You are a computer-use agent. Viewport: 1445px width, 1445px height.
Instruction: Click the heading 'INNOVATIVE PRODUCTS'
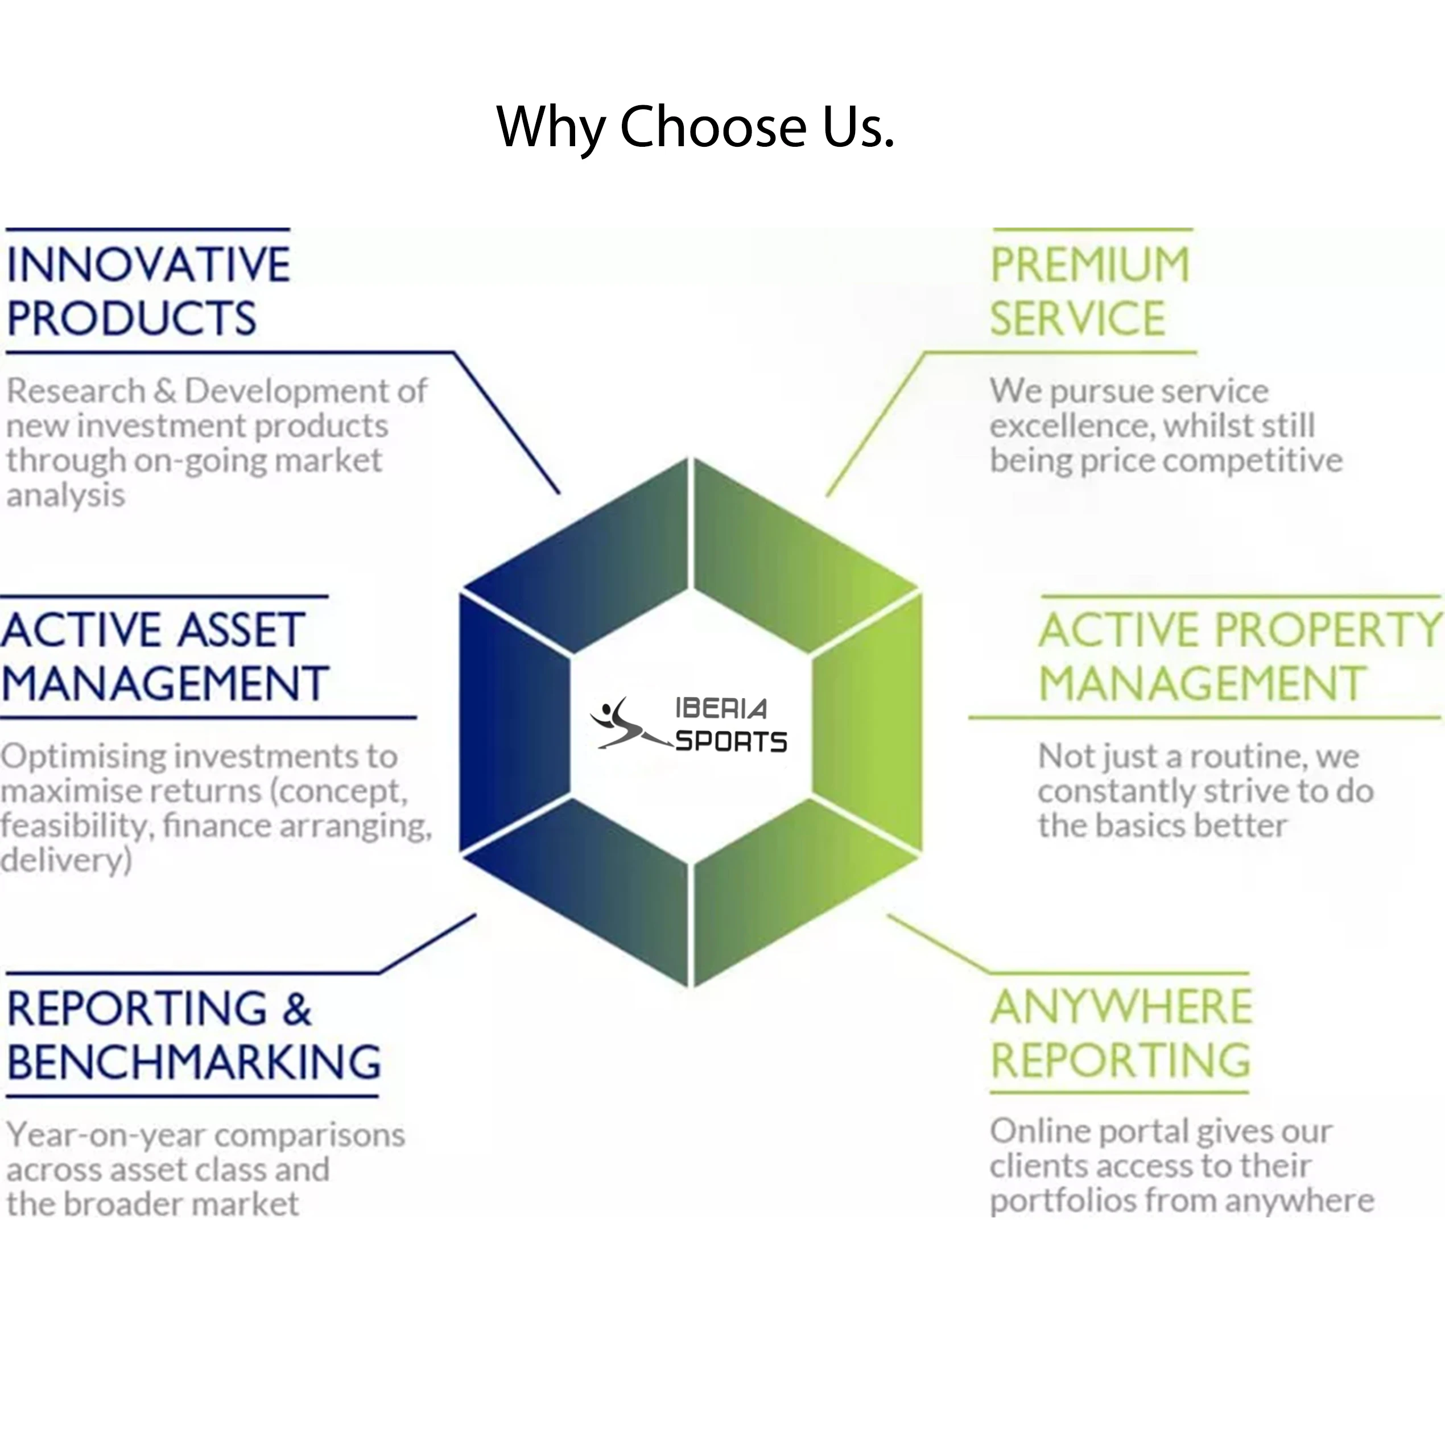click(148, 291)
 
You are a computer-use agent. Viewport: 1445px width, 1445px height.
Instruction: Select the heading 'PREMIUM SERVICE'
click(1089, 291)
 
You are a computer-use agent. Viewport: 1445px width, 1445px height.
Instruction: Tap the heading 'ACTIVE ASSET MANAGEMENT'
click(164, 656)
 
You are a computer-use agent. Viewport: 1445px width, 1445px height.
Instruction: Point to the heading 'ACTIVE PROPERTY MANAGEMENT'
click(1239, 656)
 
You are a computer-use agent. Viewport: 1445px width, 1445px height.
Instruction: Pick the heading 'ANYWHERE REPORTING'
click(1120, 1033)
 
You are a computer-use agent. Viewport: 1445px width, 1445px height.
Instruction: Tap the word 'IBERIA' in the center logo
click(721, 708)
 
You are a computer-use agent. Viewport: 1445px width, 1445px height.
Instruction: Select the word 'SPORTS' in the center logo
click(730, 741)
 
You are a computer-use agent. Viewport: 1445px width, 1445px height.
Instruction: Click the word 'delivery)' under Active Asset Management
click(66, 861)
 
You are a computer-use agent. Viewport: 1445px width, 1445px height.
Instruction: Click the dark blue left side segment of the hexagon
click(513, 722)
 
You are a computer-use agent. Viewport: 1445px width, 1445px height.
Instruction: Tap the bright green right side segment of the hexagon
click(868, 722)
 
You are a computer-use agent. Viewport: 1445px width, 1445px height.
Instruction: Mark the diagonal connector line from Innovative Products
click(507, 423)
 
